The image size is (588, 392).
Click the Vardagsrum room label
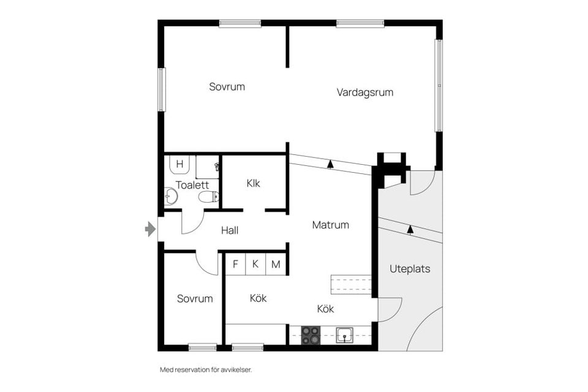(x=365, y=92)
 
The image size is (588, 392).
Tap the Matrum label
(x=330, y=225)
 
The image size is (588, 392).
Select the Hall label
(x=230, y=230)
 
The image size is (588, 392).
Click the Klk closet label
(x=253, y=183)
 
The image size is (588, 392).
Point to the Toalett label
(x=192, y=185)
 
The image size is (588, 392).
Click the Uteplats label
(x=410, y=269)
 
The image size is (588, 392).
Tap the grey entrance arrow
(x=151, y=229)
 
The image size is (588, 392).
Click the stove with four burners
(x=311, y=336)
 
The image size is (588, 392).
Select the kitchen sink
(x=344, y=335)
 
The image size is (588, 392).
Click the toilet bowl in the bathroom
(x=208, y=197)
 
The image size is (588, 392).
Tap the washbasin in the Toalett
(x=171, y=196)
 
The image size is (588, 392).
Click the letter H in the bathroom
(x=179, y=164)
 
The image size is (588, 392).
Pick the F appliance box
(x=235, y=265)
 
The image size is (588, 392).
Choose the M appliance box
(x=276, y=265)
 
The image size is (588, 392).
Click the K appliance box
(x=255, y=265)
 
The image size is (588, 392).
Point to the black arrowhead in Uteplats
(x=410, y=229)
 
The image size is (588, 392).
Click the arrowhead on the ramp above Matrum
(x=330, y=164)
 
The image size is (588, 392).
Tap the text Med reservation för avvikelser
(x=206, y=370)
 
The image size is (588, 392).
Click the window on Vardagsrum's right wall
(x=439, y=86)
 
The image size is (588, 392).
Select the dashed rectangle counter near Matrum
(x=351, y=284)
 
